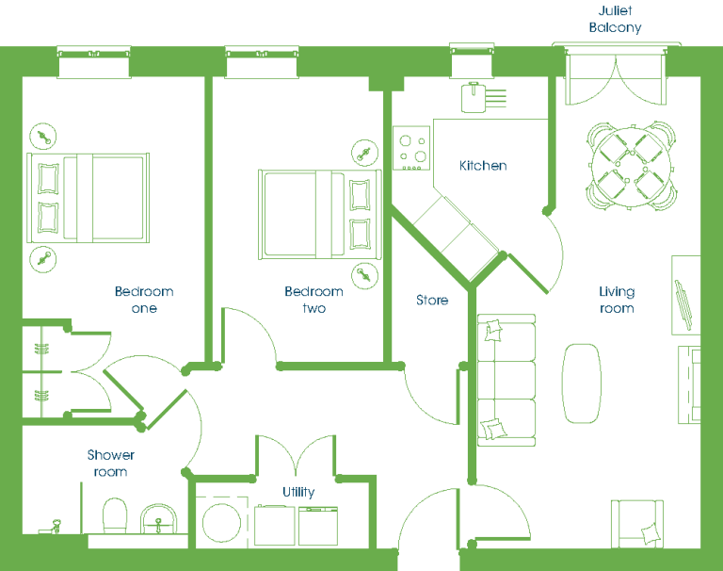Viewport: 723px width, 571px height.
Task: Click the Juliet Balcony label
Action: (615, 20)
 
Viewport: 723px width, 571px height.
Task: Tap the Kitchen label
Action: (483, 166)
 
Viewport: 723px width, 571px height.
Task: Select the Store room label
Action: (432, 300)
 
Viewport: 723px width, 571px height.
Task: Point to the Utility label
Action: (298, 492)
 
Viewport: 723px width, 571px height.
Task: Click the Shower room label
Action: (111, 463)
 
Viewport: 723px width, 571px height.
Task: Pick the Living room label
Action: (617, 300)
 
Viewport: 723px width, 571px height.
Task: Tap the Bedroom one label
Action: (144, 300)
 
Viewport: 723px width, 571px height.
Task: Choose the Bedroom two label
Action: (314, 300)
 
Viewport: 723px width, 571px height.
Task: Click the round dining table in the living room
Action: (632, 166)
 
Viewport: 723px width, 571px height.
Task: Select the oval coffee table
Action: (582, 383)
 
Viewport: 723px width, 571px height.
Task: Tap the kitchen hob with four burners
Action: (411, 148)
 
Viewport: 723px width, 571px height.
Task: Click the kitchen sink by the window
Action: (474, 97)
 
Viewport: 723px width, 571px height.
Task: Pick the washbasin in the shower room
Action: (158, 519)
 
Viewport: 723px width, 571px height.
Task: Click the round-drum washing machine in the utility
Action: (222, 522)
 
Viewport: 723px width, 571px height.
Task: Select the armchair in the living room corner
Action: (637, 524)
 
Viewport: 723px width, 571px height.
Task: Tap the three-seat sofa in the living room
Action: (506, 381)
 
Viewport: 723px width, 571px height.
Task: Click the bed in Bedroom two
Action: (319, 215)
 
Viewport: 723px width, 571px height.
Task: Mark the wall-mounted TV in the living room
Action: (683, 305)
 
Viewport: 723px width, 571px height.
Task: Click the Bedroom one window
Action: (93, 62)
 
